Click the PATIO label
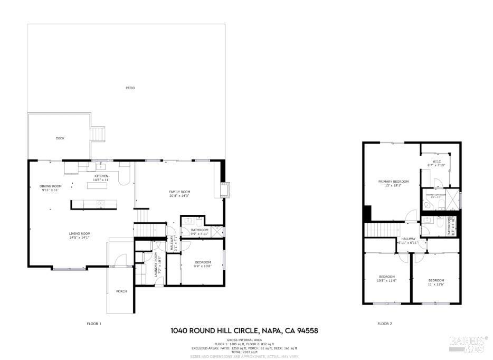[x=130, y=88]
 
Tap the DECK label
[x=60, y=138]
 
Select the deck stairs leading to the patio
[x=98, y=134]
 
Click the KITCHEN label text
[x=101, y=176]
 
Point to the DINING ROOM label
[x=51, y=186]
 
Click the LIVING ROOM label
[x=79, y=233]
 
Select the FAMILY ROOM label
[x=179, y=191]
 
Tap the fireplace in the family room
[x=225, y=189]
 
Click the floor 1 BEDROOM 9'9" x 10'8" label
[x=203, y=262]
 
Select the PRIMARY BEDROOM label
[x=393, y=182]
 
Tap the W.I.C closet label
[x=437, y=162]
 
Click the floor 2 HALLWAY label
[x=408, y=239]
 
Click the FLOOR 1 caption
[x=93, y=323]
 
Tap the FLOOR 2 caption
[x=384, y=323]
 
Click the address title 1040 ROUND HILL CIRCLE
[x=244, y=331]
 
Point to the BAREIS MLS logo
[x=468, y=343]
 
